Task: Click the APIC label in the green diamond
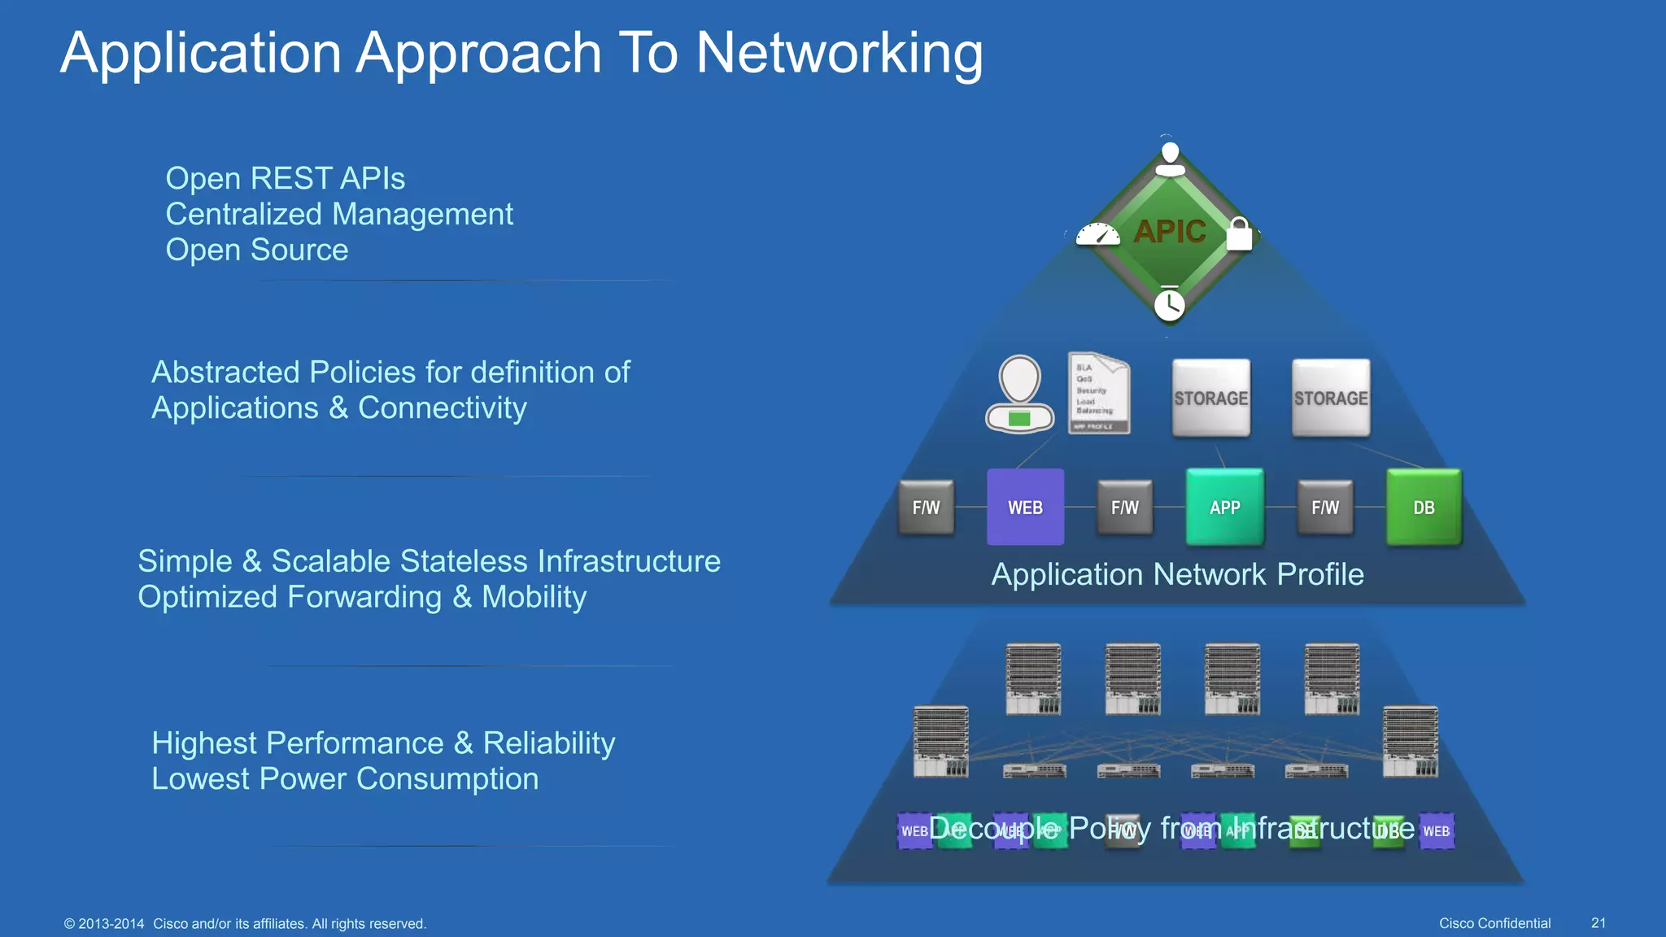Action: (1170, 232)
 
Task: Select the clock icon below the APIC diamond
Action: (1170, 304)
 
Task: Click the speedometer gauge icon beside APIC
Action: (1098, 235)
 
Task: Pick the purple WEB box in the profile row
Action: (1025, 508)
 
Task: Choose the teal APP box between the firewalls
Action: (1225, 508)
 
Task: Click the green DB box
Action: (1424, 508)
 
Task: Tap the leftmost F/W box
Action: (926, 508)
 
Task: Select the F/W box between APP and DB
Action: (1325, 508)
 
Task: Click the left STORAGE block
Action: (1210, 399)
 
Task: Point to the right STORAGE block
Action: (1331, 399)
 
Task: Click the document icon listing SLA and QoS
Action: (1098, 394)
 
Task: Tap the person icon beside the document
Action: (1019, 394)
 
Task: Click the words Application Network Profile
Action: (1177, 575)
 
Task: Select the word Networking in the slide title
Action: (839, 54)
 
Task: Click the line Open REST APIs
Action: (285, 179)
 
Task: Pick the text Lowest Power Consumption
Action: (345, 779)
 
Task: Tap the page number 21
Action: (1598, 923)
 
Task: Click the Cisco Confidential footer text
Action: (1494, 923)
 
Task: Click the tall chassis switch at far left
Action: (940, 741)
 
